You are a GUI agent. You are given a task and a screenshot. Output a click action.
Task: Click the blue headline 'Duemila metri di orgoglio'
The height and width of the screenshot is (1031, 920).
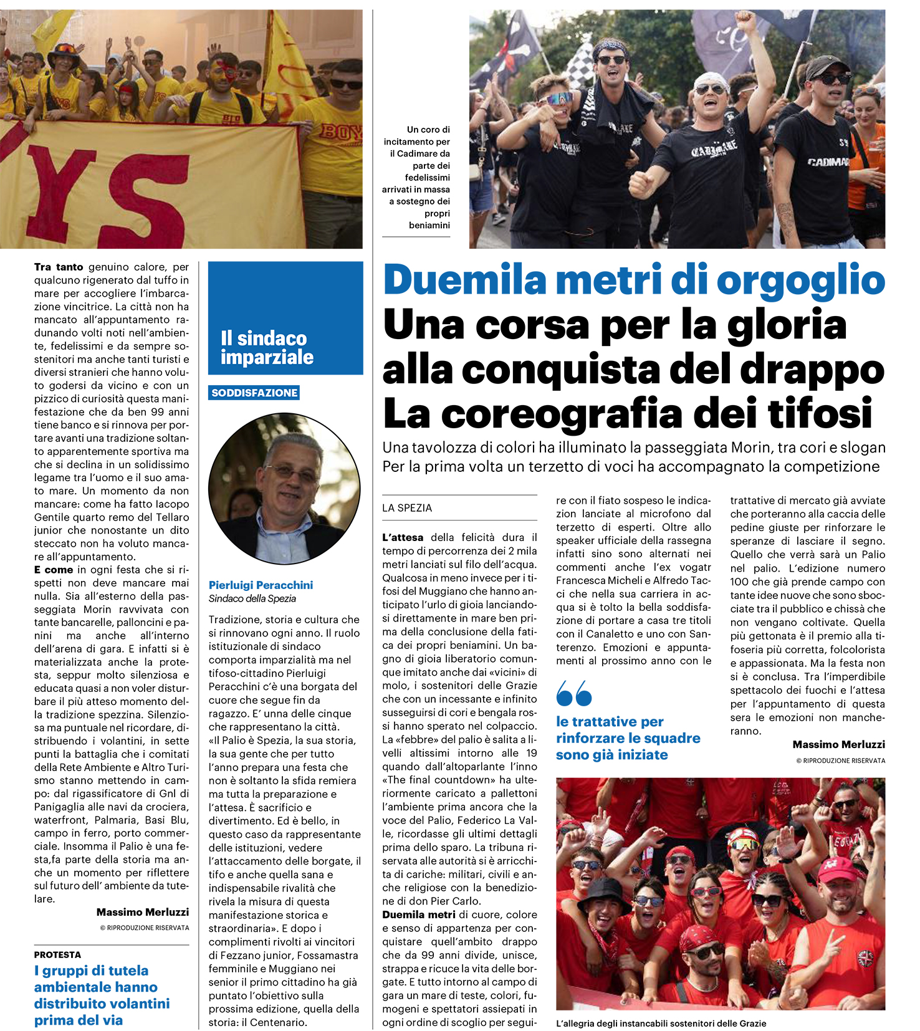tap(633, 281)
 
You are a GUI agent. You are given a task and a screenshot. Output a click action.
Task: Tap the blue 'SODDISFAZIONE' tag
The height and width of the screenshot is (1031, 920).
tap(254, 393)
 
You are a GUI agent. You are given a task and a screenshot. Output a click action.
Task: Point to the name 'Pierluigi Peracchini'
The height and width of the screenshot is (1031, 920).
tap(261, 585)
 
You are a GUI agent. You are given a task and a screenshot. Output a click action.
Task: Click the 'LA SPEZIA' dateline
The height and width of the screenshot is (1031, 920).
tap(407, 508)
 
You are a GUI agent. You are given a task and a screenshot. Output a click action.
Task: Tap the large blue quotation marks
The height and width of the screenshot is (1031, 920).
tap(573, 693)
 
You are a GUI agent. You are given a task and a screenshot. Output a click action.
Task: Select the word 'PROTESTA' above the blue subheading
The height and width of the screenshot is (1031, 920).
tap(57, 954)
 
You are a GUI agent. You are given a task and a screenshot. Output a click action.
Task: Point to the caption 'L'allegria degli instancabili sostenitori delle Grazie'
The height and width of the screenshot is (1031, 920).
tap(661, 1024)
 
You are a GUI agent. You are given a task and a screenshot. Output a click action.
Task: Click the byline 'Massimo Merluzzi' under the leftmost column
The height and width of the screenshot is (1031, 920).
tap(143, 912)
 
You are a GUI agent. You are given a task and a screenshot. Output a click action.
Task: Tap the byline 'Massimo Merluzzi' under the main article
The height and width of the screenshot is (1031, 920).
tap(838, 744)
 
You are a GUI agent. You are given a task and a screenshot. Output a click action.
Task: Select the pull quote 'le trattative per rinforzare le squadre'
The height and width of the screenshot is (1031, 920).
tap(628, 738)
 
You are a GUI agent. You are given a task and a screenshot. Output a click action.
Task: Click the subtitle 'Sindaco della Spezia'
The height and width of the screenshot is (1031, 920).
tap(252, 598)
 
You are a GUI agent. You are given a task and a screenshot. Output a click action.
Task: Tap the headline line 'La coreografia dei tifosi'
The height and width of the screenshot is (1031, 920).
tap(627, 414)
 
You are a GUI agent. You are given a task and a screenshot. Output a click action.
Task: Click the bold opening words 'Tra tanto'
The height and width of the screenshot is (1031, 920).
tap(59, 267)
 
